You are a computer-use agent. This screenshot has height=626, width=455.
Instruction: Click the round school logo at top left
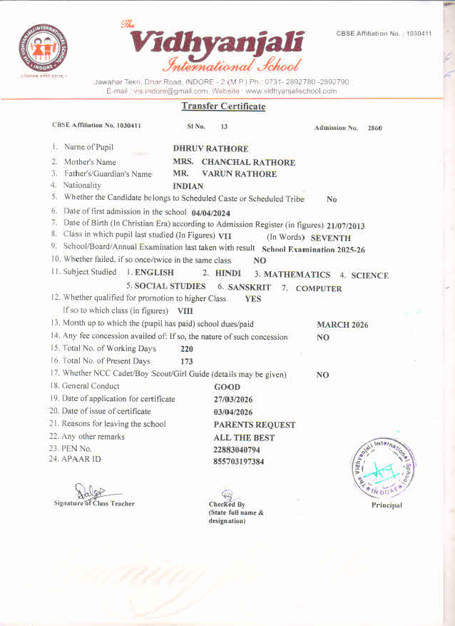click(44, 51)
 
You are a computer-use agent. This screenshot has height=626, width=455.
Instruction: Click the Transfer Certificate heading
click(223, 106)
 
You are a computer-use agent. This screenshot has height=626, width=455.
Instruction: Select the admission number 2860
click(375, 128)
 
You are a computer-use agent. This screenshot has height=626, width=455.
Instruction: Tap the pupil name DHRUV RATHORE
click(211, 148)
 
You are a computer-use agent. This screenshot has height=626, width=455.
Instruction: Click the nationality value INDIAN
click(188, 186)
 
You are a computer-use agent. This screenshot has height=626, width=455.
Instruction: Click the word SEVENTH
click(331, 238)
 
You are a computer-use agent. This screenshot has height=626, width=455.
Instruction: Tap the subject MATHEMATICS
click(297, 275)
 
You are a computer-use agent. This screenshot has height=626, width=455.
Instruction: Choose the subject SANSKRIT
click(250, 288)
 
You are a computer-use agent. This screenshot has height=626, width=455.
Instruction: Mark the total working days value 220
click(188, 349)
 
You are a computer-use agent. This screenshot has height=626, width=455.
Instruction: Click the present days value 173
click(188, 362)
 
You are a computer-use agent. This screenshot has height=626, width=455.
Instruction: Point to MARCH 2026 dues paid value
click(342, 325)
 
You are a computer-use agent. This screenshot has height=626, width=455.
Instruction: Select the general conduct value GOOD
click(227, 387)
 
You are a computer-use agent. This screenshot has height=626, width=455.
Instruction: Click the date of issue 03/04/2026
click(233, 412)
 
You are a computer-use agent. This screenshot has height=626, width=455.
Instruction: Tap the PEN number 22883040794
click(237, 450)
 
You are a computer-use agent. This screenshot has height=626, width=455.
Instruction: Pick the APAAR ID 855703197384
click(239, 462)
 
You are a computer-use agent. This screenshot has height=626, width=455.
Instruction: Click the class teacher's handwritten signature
click(85, 490)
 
